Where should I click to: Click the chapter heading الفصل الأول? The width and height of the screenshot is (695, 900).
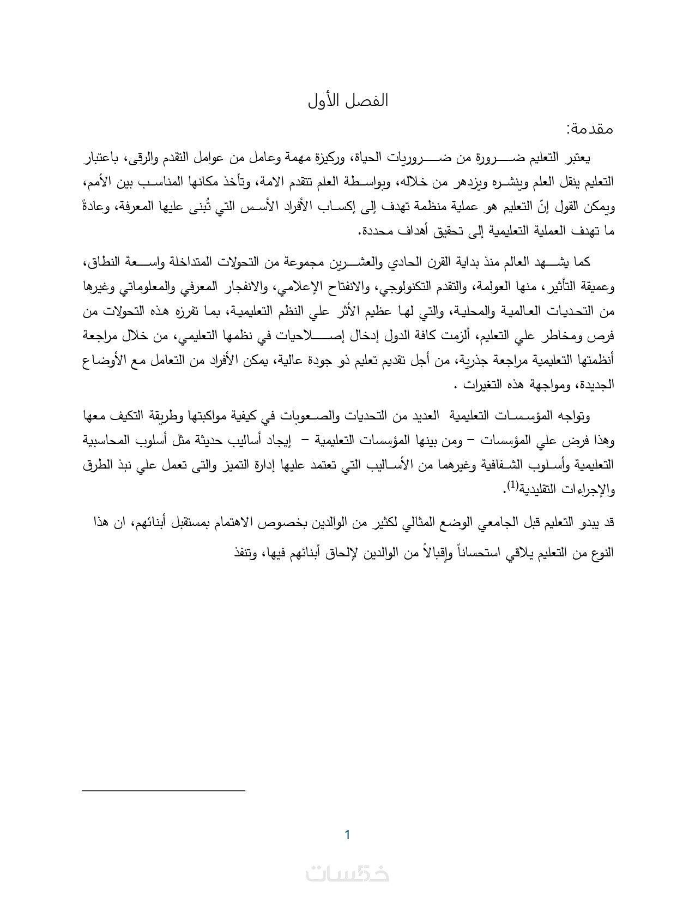coord(347,101)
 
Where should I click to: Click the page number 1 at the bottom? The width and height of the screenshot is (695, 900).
coord(347,835)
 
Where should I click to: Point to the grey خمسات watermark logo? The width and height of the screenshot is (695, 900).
coord(347,874)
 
